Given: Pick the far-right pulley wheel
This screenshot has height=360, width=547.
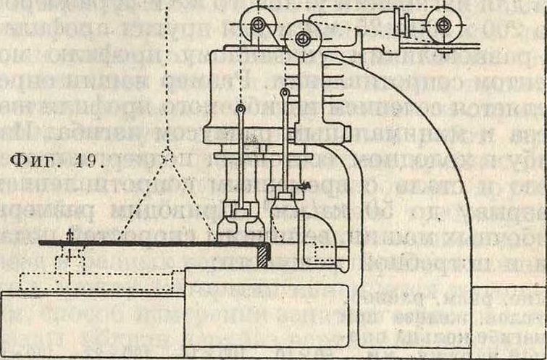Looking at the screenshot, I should [x=443, y=25].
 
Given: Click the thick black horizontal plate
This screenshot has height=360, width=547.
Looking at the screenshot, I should [x=145, y=244].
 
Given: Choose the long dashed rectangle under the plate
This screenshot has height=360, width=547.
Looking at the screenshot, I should [x=101, y=280].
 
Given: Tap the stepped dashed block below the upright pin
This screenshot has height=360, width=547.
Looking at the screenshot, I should [x=69, y=261].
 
